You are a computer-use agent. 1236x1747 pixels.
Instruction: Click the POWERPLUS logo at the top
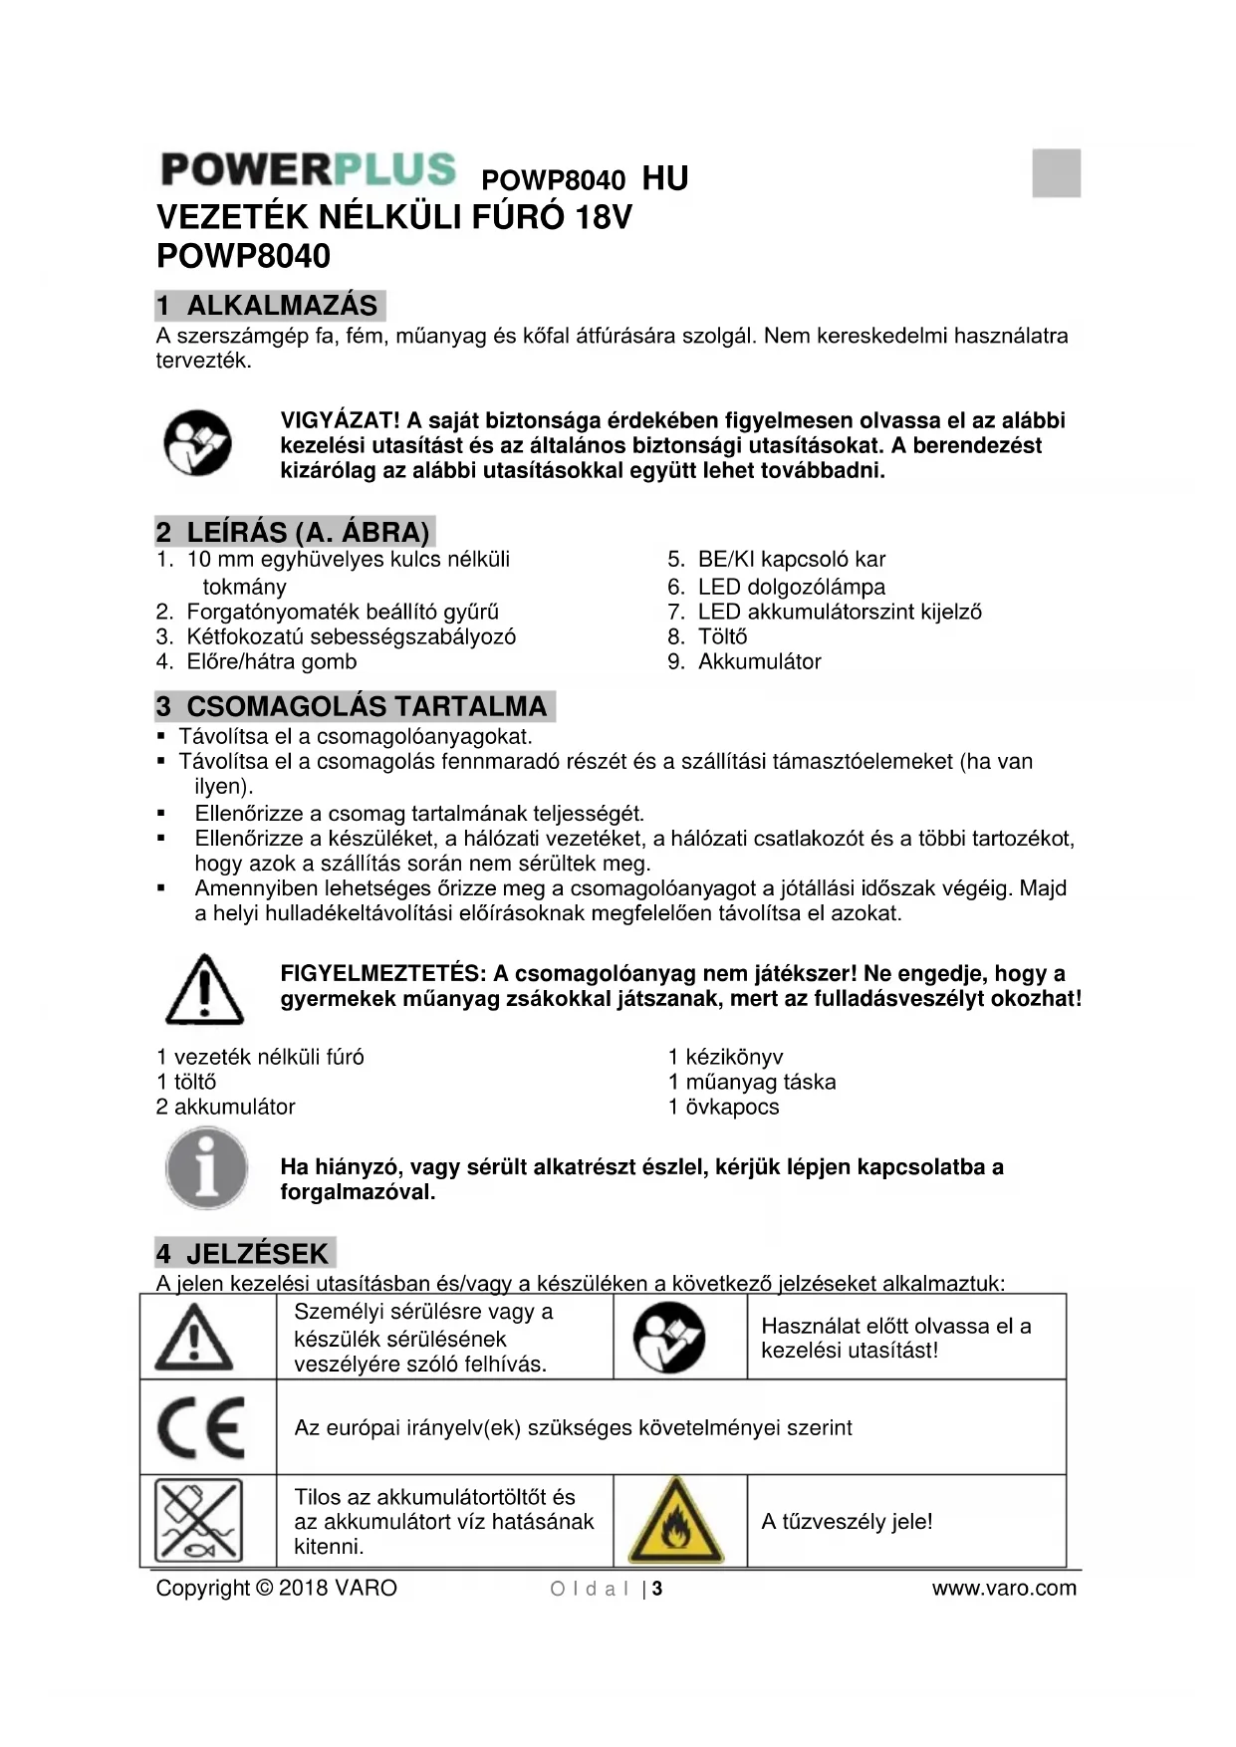[308, 169]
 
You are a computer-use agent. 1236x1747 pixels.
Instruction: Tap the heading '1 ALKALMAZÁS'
[269, 305]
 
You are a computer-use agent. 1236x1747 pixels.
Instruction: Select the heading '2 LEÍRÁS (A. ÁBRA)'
[294, 532]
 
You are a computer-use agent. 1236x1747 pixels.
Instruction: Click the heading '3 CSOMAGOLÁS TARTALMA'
[354, 706]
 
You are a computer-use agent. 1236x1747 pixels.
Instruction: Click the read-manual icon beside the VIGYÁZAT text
[197, 442]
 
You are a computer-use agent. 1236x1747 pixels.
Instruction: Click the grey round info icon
[206, 1168]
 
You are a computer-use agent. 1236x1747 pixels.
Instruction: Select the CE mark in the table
[201, 1427]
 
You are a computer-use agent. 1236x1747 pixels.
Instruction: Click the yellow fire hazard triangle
[676, 1521]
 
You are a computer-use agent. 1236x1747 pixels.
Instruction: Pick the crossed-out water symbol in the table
[199, 1521]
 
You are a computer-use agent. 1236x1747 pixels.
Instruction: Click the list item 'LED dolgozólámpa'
[791, 587]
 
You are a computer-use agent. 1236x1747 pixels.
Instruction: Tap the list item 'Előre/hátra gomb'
[271, 661]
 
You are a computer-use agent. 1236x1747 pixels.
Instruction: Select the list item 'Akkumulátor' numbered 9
[759, 661]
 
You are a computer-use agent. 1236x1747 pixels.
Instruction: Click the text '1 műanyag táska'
[752, 1082]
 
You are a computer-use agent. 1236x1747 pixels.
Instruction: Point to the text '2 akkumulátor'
[226, 1107]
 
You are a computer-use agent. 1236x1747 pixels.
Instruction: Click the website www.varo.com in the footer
[1003, 1588]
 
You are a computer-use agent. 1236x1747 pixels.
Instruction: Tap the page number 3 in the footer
[657, 1589]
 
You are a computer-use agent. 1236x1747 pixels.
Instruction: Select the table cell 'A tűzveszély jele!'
[847, 1521]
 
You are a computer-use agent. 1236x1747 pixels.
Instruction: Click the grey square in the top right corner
[1056, 173]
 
